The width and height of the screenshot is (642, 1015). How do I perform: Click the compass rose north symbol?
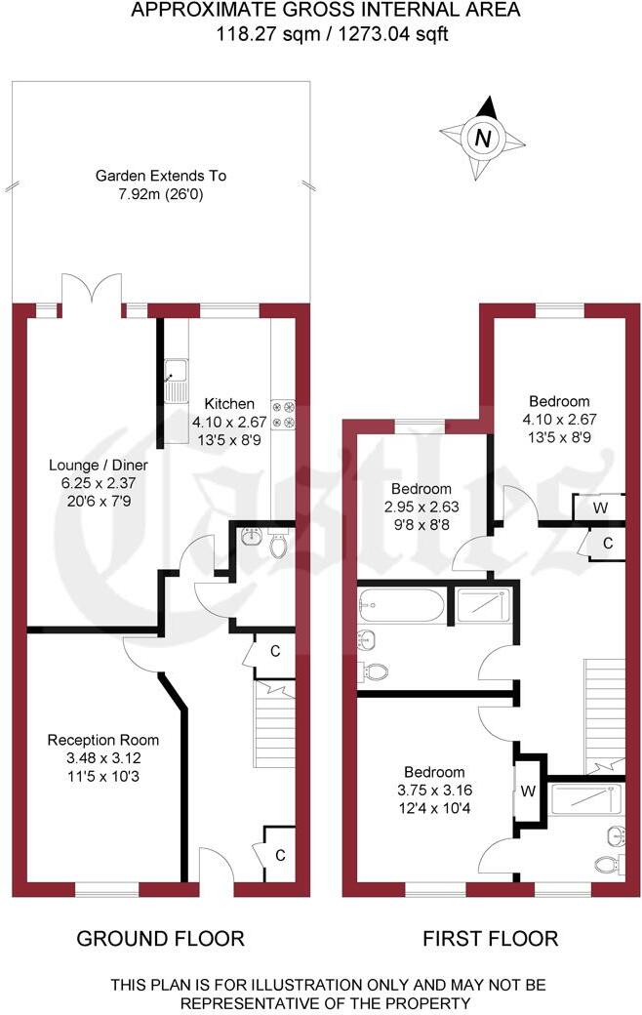click(x=482, y=138)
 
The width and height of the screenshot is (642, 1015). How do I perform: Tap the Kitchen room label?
click(x=229, y=403)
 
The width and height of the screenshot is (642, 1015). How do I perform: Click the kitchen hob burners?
click(x=281, y=414)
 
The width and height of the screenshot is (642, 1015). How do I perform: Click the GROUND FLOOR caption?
click(x=160, y=939)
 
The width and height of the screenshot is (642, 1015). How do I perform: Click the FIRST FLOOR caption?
click(x=490, y=939)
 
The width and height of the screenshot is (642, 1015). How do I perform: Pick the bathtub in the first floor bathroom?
click(x=401, y=605)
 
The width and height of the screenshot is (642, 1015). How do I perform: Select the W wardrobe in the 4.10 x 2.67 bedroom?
click(x=599, y=507)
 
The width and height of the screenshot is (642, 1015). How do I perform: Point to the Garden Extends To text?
click(x=160, y=177)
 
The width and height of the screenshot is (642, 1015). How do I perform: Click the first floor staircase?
click(x=602, y=712)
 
